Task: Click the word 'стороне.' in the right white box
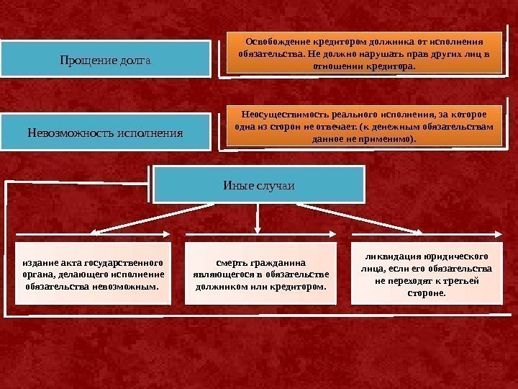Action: pos(427,293)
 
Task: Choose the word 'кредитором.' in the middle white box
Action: pos(296,286)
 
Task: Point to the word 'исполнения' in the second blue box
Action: pos(150,133)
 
